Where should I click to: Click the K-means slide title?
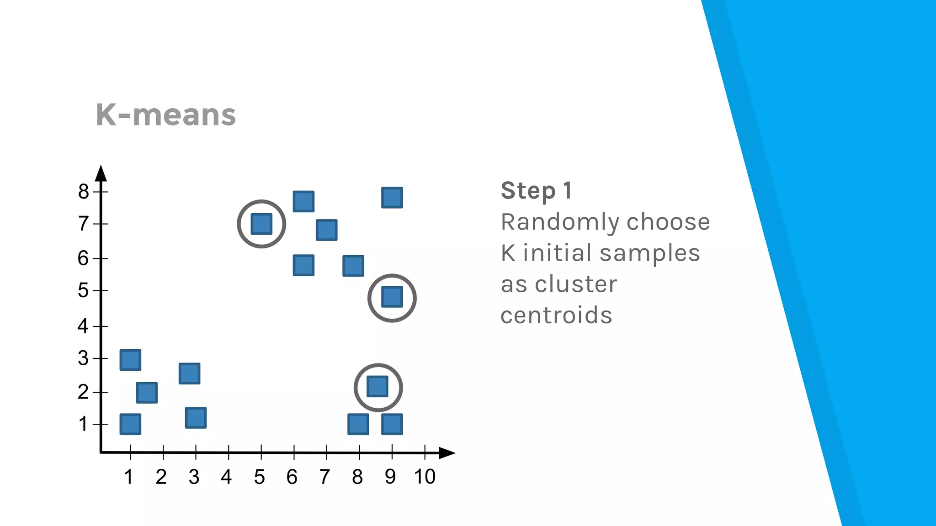click(165, 115)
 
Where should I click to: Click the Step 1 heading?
click(536, 191)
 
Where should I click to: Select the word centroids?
click(556, 316)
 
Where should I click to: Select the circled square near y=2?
click(378, 387)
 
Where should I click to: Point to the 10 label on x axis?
click(425, 477)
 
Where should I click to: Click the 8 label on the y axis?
click(83, 191)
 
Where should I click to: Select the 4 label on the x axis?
click(226, 477)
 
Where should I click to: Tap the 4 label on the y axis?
click(83, 326)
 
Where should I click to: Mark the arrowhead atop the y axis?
click(101, 174)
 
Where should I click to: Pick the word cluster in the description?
click(576, 284)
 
